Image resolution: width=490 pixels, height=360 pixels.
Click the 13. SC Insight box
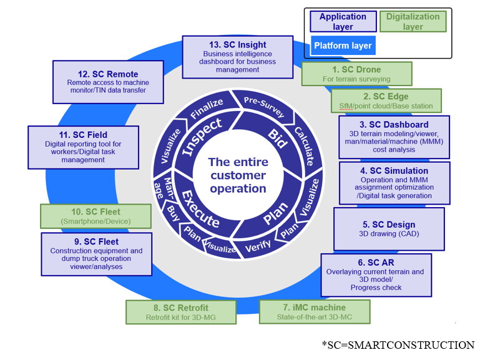[x=238, y=57]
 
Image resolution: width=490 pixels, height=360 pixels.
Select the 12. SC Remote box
[x=108, y=82]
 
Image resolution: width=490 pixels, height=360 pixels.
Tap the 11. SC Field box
[x=83, y=147]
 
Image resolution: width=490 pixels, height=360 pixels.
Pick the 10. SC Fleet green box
[x=96, y=216]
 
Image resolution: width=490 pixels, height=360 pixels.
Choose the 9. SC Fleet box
[x=96, y=254]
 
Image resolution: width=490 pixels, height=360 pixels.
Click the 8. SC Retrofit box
[x=181, y=312]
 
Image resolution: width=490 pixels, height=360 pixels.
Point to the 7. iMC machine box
[x=314, y=312]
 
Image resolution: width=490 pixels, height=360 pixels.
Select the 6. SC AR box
[x=376, y=275]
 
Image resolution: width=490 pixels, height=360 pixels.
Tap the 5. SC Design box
[x=389, y=229]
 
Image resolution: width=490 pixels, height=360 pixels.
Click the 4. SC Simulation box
[x=393, y=183]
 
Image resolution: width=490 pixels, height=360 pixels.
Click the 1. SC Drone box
[x=357, y=74]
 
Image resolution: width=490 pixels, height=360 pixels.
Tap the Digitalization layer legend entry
[x=413, y=22]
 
